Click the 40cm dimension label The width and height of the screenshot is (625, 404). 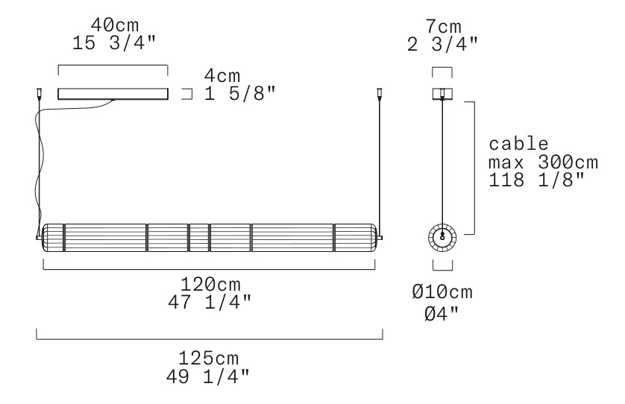click(115, 25)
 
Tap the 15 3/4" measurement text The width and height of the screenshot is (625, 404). click(114, 43)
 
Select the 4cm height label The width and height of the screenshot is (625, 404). click(222, 76)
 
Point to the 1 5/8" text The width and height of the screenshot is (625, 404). click(240, 94)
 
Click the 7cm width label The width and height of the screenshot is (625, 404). click(443, 27)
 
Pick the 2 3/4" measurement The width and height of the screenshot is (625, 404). click(442, 44)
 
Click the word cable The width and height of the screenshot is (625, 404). click(518, 144)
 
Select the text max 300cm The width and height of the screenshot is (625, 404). click(543, 162)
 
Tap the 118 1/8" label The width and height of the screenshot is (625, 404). click(536, 180)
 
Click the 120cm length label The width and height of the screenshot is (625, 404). click(210, 285)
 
